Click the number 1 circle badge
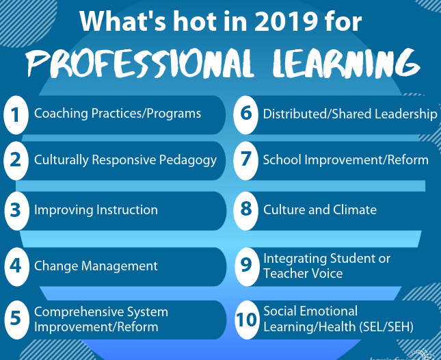16,115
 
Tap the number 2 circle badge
16,160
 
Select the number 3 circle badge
16,211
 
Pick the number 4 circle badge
16,266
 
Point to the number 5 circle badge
16,320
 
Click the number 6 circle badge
246,115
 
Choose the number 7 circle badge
246,160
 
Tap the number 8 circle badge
246,211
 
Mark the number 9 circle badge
247,266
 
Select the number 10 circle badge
247,320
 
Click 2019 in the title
286,21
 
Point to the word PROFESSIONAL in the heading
139,63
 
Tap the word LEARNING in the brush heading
346,63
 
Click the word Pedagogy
188,160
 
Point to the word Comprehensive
79,312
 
